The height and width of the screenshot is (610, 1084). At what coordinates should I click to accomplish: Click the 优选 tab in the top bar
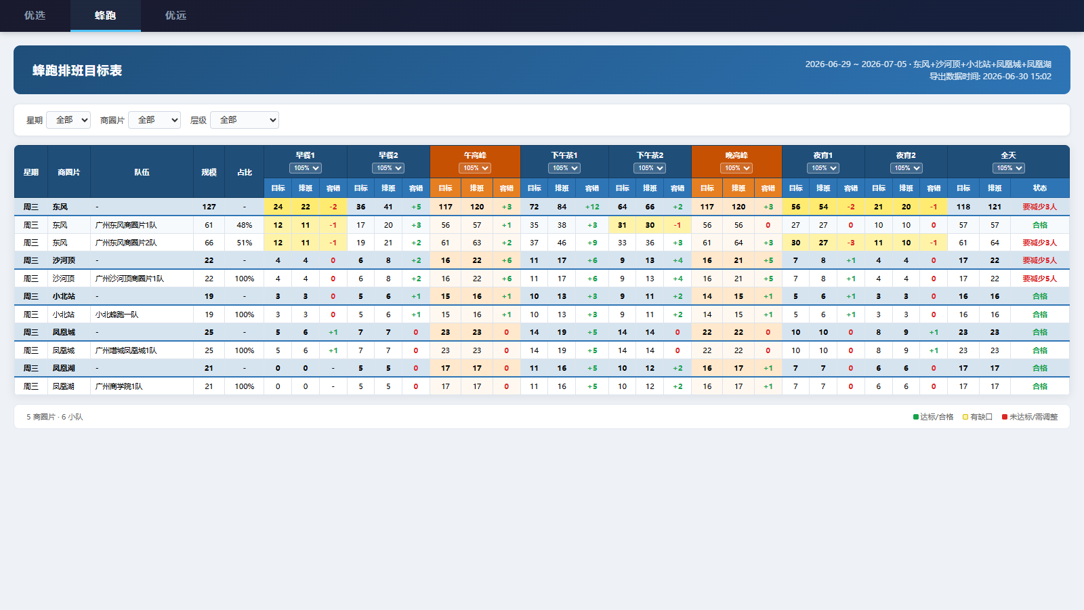coord(35,16)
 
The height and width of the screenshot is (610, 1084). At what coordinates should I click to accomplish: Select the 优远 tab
coord(175,16)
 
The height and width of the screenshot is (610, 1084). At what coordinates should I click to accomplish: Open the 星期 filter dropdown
coord(68,120)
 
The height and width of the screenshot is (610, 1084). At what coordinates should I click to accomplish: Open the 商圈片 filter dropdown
coord(154,120)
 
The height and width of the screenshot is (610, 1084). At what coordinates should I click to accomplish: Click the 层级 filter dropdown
coord(245,120)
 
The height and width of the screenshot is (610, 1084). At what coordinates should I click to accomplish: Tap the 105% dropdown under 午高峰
coord(475,168)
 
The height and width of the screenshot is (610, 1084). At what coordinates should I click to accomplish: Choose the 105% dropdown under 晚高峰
coord(736,168)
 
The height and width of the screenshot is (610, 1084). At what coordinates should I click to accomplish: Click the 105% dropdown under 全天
coord(1009,168)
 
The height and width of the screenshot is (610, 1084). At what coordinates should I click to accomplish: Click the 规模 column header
coord(209,172)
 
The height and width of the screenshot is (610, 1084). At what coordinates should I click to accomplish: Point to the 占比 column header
coord(245,172)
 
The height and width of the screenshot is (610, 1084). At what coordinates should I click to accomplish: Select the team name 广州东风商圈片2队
coord(126,243)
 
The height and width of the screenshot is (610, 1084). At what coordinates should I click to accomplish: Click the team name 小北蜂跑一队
coord(117,314)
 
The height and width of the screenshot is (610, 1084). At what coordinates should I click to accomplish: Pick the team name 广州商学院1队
coord(119,386)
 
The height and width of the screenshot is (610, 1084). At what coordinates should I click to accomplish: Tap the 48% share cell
coord(245,225)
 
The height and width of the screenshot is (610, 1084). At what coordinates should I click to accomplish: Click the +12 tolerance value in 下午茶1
coord(592,207)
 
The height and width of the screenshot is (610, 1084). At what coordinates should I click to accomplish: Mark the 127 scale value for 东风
coord(209,207)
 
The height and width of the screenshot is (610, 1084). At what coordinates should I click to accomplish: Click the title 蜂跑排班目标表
coord(77,70)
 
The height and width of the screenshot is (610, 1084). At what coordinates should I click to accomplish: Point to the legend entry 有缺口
coord(978,417)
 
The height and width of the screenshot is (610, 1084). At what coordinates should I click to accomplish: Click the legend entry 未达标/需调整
coord(1030,417)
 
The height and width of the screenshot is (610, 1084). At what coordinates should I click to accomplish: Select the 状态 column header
coord(1040,188)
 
